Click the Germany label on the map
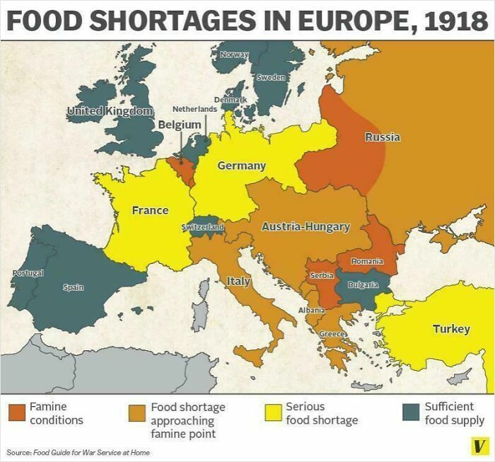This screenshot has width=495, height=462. point(241,165)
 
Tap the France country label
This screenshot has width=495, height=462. point(150,210)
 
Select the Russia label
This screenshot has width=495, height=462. point(383,137)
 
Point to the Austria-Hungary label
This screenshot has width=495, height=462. point(305,226)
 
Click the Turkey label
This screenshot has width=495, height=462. point(450,329)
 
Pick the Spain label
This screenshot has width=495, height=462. point(73,287)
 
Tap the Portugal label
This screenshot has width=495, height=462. point(28,272)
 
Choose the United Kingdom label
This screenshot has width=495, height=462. point(110,111)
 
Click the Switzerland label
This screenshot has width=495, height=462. point(204,227)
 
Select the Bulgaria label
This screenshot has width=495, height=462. point(363,284)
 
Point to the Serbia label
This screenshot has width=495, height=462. point(322,275)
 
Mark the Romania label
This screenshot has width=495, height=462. point(367,262)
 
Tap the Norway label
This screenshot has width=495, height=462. point(234,54)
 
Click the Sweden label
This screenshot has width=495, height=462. point(271,76)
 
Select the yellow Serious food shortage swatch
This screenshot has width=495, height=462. point(272,412)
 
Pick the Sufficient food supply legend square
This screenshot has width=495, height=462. point(409,412)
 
